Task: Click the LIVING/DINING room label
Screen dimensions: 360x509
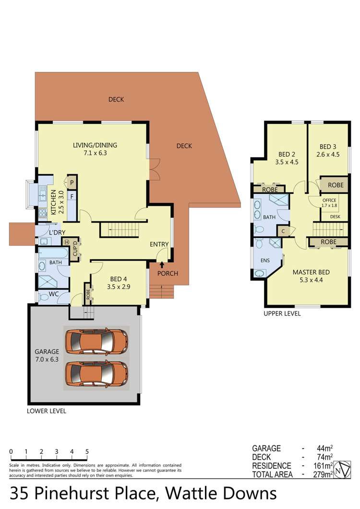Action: click(95, 149)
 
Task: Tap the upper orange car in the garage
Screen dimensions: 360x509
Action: click(96, 342)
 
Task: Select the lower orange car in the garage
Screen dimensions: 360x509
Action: click(96, 374)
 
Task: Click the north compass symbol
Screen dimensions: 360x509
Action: click(342, 469)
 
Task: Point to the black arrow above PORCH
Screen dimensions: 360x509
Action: click(162, 264)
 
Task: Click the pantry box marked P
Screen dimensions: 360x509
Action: click(72, 183)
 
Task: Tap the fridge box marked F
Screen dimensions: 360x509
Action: click(72, 196)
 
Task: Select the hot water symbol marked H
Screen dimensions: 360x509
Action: click(67, 242)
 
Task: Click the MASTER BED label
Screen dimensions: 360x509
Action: click(311, 276)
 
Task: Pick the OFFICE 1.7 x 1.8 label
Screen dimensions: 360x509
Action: click(329, 202)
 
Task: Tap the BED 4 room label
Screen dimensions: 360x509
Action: click(118, 283)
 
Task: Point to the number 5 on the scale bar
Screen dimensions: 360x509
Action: click(87, 451)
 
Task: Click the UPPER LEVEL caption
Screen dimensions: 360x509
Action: click(282, 314)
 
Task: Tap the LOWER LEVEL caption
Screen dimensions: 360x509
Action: click(47, 411)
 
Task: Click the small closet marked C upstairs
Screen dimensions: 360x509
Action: click(283, 231)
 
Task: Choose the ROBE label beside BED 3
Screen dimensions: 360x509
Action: click(336, 185)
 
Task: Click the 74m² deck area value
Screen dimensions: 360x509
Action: click(324, 457)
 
